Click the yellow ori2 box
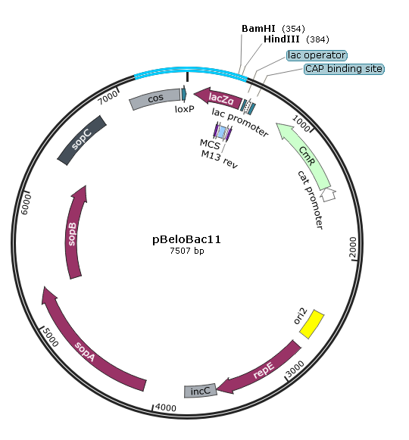point(312,324)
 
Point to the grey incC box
point(201,391)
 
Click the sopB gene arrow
point(73,233)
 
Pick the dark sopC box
point(82,140)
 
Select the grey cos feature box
point(155,99)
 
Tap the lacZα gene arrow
point(219,98)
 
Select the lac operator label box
point(317,55)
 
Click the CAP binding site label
point(344,69)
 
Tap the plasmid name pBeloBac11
point(186,239)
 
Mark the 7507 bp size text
point(186,251)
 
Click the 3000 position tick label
point(295,369)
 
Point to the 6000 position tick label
point(26,204)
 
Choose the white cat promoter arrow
point(328,194)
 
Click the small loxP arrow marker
point(184,94)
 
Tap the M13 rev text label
point(219,159)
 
